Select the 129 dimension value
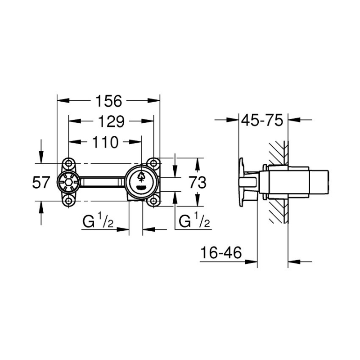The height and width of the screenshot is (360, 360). pyautogui.click(x=108, y=121)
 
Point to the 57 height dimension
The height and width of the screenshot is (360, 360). pyautogui.click(x=41, y=182)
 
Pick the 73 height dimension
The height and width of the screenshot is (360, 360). pyautogui.click(x=197, y=182)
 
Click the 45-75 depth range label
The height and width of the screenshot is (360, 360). pyautogui.click(x=261, y=120)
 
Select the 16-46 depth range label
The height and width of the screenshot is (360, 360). pyautogui.click(x=220, y=253)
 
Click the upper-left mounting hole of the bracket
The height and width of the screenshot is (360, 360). pyautogui.click(x=68, y=163)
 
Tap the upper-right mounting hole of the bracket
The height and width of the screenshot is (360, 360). pyautogui.click(x=154, y=163)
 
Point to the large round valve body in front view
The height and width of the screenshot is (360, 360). pyautogui.click(x=141, y=182)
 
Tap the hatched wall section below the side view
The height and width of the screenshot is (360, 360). pyautogui.click(x=278, y=211)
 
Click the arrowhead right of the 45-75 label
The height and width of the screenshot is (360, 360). pyautogui.click(x=293, y=120)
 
